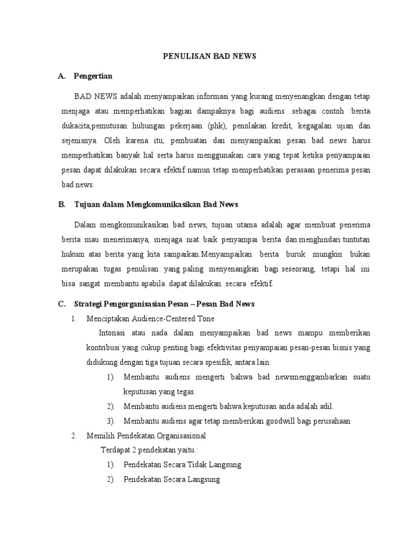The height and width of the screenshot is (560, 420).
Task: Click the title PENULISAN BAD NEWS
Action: pyautogui.click(x=211, y=56)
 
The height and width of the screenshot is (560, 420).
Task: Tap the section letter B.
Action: pyautogui.click(x=61, y=205)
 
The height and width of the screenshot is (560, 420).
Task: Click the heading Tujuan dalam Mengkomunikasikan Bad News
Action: pyautogui.click(x=156, y=205)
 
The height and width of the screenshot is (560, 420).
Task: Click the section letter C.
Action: pyautogui.click(x=61, y=304)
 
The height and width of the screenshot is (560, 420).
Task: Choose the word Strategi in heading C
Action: pyautogui.click(x=89, y=304)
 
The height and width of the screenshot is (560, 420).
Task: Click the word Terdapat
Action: pyautogui.click(x=115, y=450)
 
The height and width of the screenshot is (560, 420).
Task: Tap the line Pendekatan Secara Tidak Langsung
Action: pyautogui.click(x=182, y=465)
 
